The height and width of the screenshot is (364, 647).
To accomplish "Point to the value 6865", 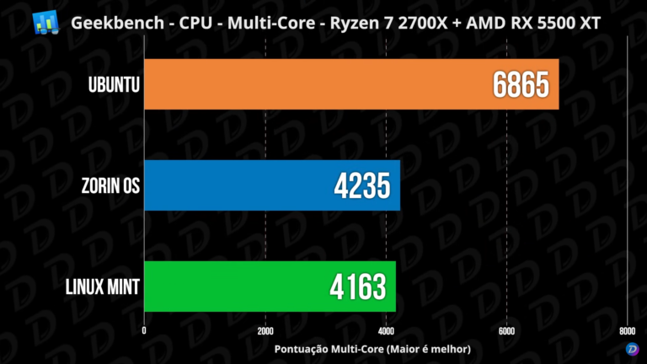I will pos(521,84).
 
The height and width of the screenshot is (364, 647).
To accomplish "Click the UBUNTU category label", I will pos(112,84).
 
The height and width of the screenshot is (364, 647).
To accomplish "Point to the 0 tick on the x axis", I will pos(144,331).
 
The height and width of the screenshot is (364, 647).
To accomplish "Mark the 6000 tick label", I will pos(505,331).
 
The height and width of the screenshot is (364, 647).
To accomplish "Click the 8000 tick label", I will pos(626,331).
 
